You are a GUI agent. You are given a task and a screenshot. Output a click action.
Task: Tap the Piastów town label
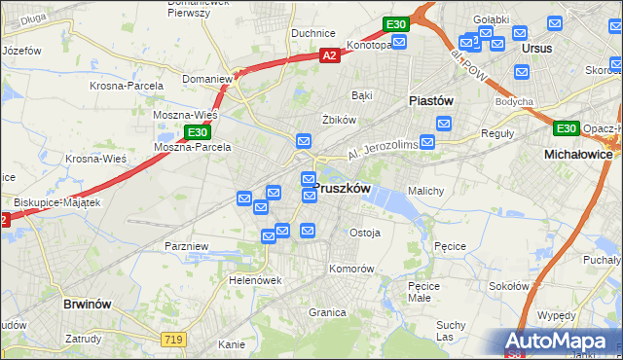coord(431,100)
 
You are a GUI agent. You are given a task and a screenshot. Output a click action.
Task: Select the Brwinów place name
coord(90,304)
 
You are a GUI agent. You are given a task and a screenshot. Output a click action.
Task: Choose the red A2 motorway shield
coord(330,56)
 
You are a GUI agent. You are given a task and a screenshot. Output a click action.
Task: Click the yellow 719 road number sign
coord(174,338)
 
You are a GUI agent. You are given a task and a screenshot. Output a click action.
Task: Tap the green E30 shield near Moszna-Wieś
coord(197,132)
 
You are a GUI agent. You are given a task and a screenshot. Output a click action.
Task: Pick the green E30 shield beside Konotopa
coord(394,24)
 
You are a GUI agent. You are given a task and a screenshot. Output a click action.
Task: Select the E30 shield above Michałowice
coord(566,128)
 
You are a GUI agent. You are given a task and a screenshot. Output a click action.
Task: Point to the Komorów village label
coord(351,268)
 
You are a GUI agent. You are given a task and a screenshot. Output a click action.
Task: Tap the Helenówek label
coord(255,280)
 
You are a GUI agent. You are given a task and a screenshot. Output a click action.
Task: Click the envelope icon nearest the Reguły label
coord(444,124)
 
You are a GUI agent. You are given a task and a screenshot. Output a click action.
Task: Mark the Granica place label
coord(328,312)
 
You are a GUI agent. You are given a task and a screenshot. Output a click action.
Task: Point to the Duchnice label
coord(313,33)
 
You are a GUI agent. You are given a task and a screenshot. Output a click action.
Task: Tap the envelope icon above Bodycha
coord(522,72)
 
